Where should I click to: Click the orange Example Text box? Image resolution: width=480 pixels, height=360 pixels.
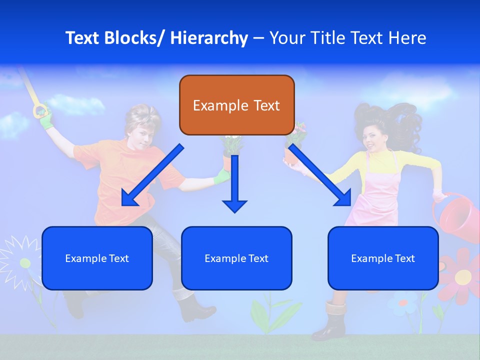click(x=236, y=105)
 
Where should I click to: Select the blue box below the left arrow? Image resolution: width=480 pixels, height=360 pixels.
click(x=97, y=258)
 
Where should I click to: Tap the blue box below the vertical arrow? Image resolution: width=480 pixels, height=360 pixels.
click(x=236, y=258)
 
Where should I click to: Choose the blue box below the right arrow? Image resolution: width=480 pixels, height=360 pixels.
click(x=383, y=258)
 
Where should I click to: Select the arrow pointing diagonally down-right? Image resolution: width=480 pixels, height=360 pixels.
click(x=320, y=175)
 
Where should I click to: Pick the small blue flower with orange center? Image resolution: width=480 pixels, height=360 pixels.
click(x=403, y=303)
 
